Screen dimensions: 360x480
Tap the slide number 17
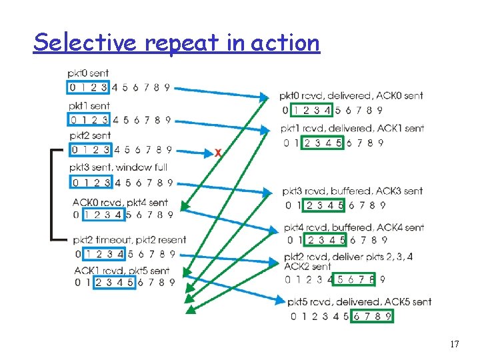tap(455, 344)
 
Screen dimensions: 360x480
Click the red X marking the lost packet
tap(218, 153)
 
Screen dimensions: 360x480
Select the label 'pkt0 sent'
tap(88, 73)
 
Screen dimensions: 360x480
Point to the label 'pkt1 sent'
tap(89, 106)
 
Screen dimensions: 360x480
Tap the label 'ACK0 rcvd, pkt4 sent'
tap(120, 202)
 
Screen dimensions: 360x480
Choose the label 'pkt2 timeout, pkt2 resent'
tap(130, 240)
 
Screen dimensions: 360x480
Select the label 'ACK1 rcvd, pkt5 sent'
tap(121, 271)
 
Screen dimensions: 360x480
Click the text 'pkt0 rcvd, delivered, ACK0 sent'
tap(351, 96)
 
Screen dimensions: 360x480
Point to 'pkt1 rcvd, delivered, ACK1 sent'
tap(352, 128)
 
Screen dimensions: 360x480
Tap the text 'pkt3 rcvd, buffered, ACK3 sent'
tap(353, 191)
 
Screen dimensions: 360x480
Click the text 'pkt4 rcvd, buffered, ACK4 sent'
tap(354, 227)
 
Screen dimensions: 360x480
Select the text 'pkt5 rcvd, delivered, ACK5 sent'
tap(359, 302)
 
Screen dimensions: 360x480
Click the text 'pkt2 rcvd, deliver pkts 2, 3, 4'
tap(349, 257)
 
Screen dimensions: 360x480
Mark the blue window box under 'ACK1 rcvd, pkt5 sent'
tap(115, 282)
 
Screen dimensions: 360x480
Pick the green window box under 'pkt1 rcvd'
tap(323, 143)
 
